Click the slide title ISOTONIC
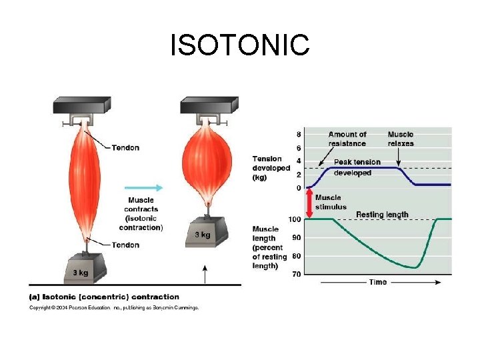click(x=240, y=45)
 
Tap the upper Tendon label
click(x=125, y=147)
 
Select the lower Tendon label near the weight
click(x=125, y=245)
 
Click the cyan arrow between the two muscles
click(x=143, y=187)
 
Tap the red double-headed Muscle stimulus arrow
click(x=309, y=203)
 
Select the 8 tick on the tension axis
click(x=298, y=134)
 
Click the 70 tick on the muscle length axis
click(x=296, y=274)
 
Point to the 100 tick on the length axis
click(x=293, y=219)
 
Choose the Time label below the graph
click(x=378, y=282)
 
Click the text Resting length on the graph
click(x=382, y=215)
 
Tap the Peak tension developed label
click(x=357, y=167)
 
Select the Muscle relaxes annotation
click(x=400, y=139)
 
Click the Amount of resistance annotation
click(x=347, y=139)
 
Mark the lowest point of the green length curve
click(x=416, y=267)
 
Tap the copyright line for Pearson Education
click(x=113, y=307)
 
